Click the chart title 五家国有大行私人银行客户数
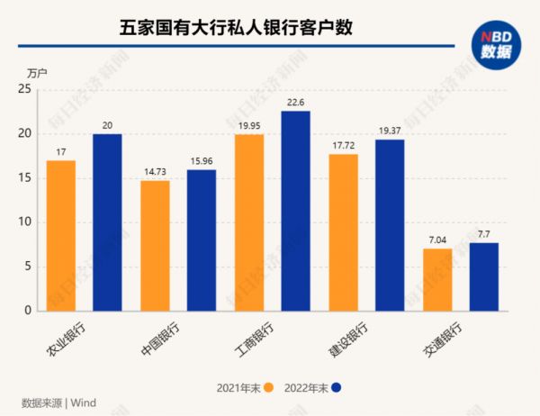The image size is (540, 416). point(236,28)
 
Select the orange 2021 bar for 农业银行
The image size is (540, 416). point(60,236)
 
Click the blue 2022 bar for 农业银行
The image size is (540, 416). point(107,222)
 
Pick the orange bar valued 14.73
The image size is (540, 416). point(155,246)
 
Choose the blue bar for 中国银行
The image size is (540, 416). point(202,240)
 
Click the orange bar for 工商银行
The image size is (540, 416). point(248,222)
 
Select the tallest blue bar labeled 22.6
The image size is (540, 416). point(295,211)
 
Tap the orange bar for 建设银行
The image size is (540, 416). point(343,232)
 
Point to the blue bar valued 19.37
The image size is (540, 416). point(390,225)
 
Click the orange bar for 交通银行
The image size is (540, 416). point(437,279)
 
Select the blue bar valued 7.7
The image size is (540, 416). point(483,276)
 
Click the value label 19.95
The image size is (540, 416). point(249,127)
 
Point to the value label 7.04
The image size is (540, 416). point(437,240)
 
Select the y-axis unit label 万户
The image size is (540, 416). point(37,71)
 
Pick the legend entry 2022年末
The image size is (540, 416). point(308,387)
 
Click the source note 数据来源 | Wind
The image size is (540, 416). point(58,402)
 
